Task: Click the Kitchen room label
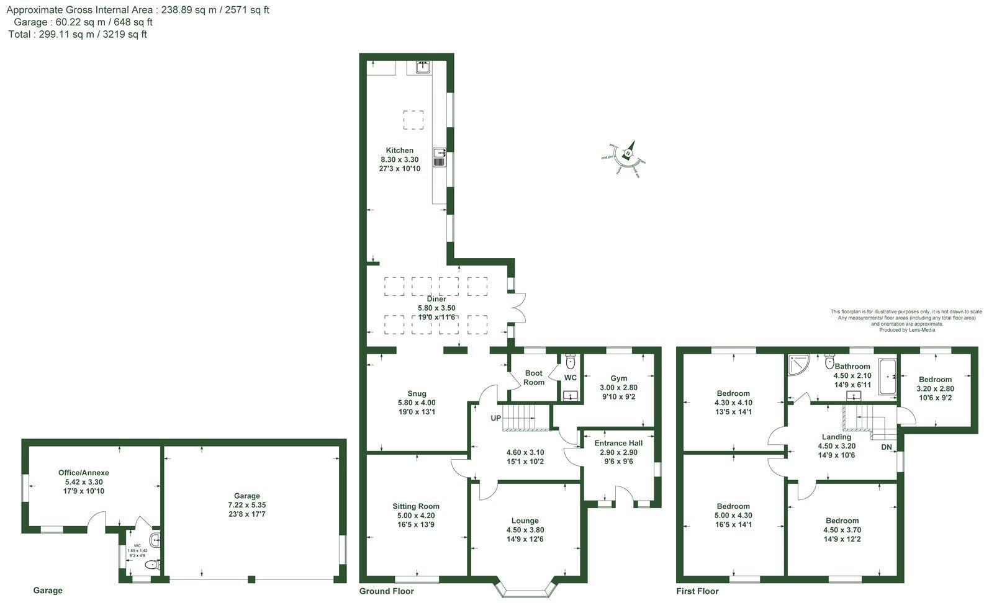point(399,151)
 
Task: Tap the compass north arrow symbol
point(628,153)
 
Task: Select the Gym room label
point(618,378)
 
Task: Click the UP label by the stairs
point(495,419)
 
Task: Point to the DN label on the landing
point(887,447)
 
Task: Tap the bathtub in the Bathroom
point(887,376)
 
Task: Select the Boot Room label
point(533,378)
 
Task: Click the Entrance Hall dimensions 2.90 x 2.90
point(618,453)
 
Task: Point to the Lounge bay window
point(525,590)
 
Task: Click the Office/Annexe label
point(88,473)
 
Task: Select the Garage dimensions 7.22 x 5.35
point(246,505)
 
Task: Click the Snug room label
point(417,393)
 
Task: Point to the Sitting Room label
point(415,506)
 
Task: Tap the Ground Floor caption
point(386,591)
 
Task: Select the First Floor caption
point(697,591)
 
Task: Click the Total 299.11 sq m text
point(78,35)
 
